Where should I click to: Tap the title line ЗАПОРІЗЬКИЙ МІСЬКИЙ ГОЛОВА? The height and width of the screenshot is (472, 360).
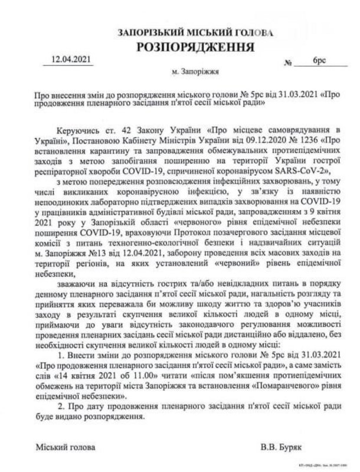tap(195, 33)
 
